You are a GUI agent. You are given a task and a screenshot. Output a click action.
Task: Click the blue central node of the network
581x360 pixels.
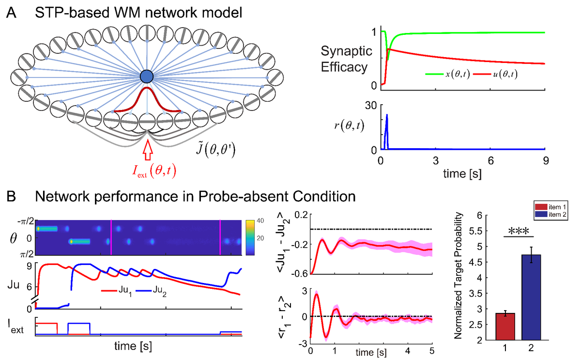[147, 77]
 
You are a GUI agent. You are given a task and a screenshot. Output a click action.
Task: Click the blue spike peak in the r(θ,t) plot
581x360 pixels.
[387, 115]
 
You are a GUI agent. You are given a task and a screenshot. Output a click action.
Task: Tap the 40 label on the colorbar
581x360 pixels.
[260, 221]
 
